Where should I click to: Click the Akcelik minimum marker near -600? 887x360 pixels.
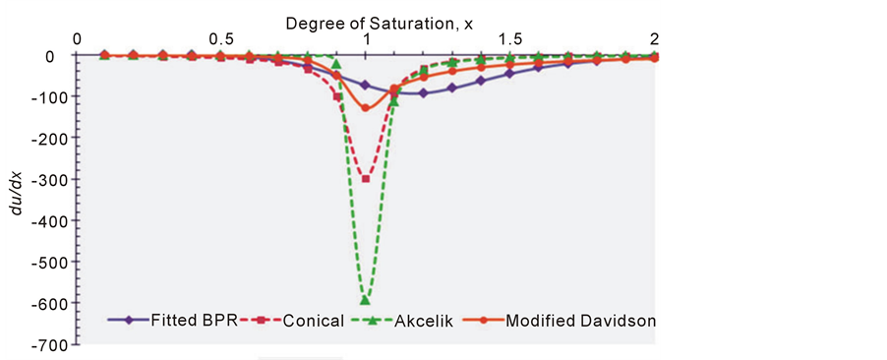click(366, 299)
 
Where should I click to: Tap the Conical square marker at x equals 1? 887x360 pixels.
click(366, 179)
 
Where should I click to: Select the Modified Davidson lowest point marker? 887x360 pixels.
click(366, 108)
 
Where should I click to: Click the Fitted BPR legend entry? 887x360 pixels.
click(171, 320)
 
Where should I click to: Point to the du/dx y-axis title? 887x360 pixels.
click(14, 196)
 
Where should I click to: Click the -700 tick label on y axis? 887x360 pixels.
click(46, 345)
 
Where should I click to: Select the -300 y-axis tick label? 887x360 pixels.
click(46, 180)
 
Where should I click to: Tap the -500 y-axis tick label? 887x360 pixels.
click(46, 263)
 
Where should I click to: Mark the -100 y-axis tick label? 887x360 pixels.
click(46, 97)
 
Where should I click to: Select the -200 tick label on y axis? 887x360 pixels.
click(46, 139)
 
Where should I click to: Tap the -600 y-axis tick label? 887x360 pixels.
click(46, 304)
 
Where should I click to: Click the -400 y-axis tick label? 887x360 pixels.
click(46, 221)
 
